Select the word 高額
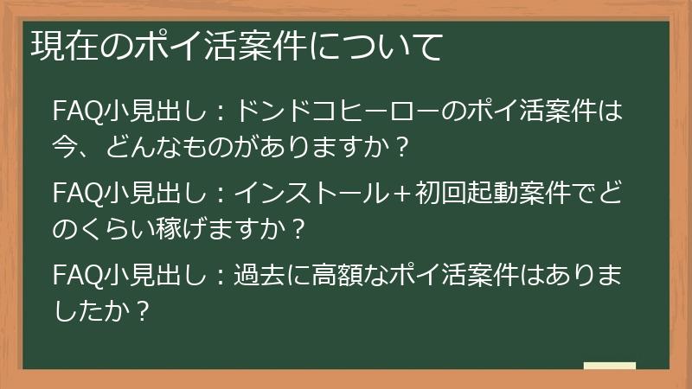pos(347,277)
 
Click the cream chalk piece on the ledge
pos(609,367)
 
